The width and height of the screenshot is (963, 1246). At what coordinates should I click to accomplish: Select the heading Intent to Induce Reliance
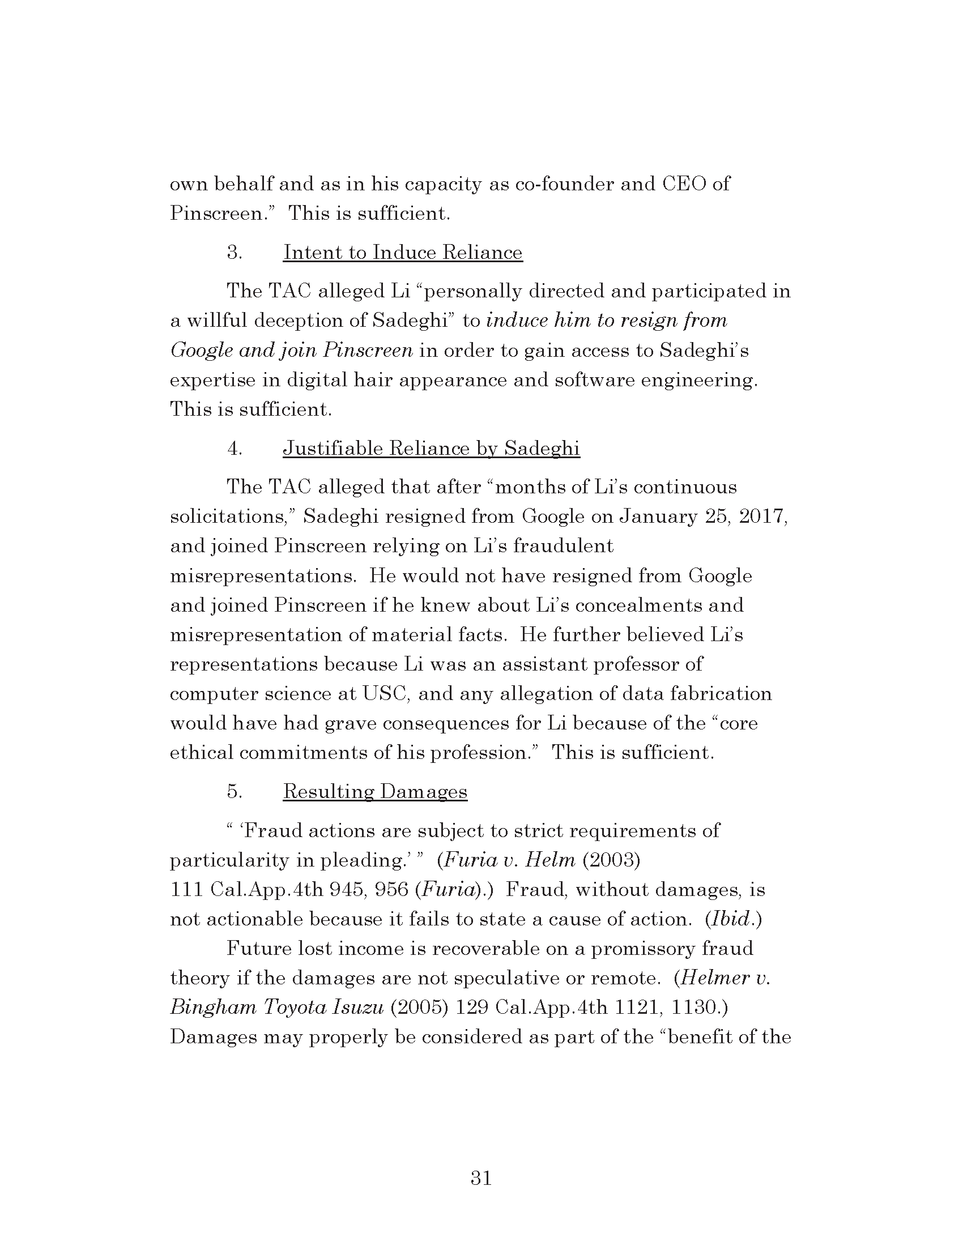tap(403, 252)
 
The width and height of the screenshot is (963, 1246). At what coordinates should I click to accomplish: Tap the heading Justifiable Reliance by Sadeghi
tap(431, 449)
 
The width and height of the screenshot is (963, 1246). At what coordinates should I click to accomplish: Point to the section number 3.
tap(235, 252)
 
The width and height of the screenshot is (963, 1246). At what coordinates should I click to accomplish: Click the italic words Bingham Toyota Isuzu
tap(276, 1008)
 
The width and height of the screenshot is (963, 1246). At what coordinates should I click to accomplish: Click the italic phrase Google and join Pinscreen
tap(291, 349)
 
